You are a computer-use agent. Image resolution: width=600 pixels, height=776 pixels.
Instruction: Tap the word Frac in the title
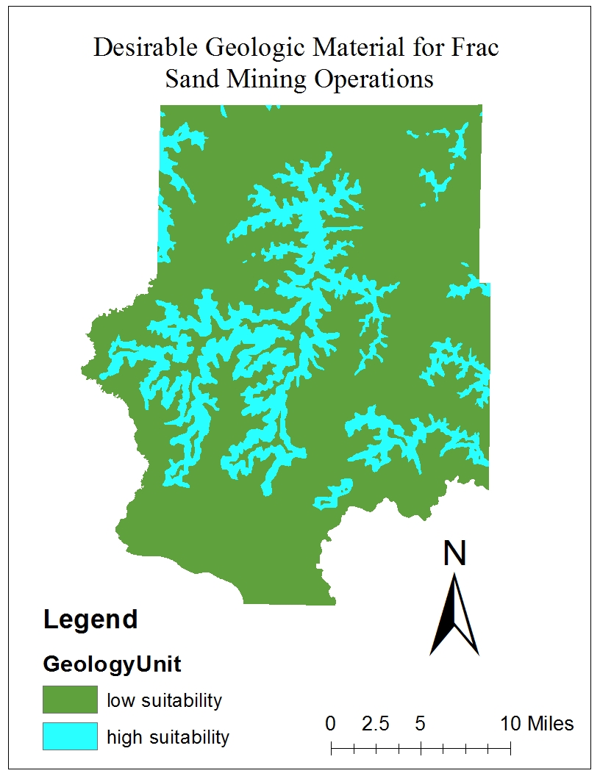coord(476,48)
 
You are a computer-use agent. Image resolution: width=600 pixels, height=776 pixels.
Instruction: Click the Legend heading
coord(90,619)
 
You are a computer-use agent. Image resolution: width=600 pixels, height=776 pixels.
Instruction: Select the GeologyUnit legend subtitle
coord(113,664)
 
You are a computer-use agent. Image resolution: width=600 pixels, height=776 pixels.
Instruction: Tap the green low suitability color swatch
coord(70,700)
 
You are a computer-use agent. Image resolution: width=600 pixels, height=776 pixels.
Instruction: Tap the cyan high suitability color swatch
coord(70,736)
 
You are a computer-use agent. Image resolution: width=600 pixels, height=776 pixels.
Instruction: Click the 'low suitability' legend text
coord(164,700)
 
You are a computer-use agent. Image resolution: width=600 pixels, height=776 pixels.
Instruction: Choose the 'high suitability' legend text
coord(168,736)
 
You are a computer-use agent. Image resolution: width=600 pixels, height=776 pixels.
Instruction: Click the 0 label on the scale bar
coord(331,724)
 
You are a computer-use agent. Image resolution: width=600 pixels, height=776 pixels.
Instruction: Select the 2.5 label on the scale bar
coord(375,724)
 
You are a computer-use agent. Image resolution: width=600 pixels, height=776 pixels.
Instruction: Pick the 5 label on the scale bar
coord(420,724)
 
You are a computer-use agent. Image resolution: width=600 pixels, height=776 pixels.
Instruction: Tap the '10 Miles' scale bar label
coord(537,724)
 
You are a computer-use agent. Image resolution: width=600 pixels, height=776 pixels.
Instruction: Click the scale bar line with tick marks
coord(421,749)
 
